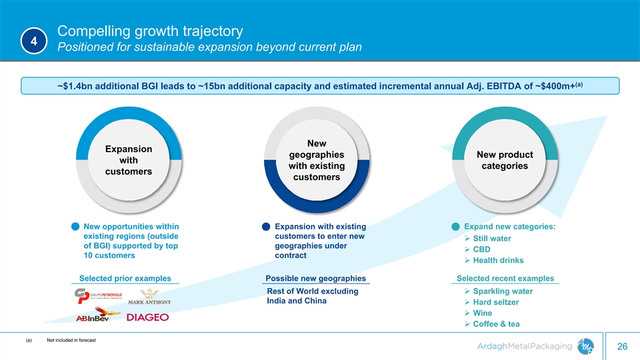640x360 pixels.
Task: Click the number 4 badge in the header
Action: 34,41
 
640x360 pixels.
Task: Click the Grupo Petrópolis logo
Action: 98,295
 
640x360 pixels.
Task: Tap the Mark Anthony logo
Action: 149,297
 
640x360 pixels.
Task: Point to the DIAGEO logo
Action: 147,317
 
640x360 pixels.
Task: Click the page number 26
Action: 622,347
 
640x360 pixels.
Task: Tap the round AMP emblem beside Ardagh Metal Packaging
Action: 585,347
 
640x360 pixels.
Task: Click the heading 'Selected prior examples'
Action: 125,279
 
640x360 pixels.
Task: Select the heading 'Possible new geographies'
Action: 315,279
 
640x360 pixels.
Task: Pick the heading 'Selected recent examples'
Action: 505,279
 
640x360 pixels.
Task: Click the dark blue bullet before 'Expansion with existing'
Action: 266,227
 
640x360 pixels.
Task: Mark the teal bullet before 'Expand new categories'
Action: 455,227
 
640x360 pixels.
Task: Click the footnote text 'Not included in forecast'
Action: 71,340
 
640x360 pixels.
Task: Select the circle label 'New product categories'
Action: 505,160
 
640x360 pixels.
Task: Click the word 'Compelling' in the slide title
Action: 93,31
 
